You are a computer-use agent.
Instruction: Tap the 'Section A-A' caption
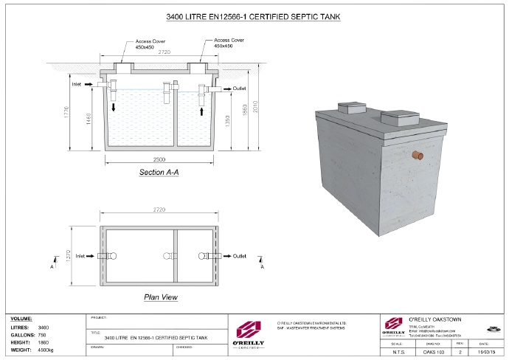(x=160, y=172)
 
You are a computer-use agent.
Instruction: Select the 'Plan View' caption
(x=160, y=297)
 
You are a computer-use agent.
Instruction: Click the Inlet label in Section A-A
(x=76, y=85)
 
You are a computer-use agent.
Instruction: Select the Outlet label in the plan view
(x=239, y=257)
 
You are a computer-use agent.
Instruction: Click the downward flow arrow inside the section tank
(x=113, y=108)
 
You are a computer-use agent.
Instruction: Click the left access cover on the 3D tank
(x=350, y=108)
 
